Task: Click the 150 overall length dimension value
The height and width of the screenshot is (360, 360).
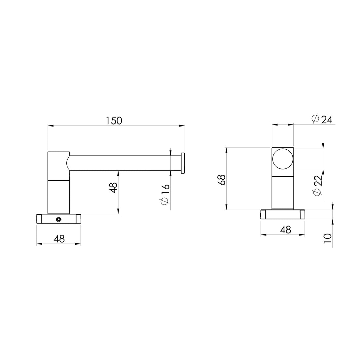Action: point(114,121)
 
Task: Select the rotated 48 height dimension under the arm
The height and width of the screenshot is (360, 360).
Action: point(113,188)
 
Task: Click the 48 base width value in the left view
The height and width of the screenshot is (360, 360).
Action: point(59,239)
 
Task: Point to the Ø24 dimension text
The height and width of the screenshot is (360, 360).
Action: point(322,119)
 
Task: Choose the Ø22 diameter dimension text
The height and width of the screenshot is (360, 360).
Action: point(318,186)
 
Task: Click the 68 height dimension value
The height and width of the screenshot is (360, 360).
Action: point(222,180)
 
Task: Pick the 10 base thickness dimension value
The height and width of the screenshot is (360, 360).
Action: point(327,238)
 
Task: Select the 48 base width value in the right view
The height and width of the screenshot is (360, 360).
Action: point(285,230)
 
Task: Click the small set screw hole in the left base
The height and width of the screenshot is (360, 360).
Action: point(58,219)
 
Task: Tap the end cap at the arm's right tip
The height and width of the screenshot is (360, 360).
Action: point(183,163)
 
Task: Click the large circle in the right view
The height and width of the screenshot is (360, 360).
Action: point(283,159)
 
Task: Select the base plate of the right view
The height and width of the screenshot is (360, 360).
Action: point(283,214)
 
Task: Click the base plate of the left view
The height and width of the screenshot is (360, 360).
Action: point(58,219)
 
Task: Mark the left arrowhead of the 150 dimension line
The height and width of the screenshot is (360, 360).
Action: point(51,126)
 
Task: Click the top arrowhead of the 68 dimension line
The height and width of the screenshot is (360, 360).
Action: point(226,150)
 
